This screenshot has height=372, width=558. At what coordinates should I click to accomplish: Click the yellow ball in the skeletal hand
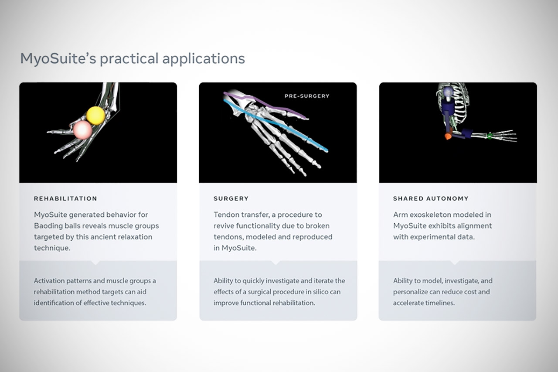point(95,115)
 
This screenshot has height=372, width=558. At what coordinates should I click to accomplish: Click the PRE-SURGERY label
point(306,96)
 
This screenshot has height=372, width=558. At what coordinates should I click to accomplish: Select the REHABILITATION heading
point(65,198)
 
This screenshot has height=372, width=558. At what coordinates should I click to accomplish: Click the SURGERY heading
point(231,198)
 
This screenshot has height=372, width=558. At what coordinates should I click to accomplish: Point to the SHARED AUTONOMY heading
point(430,198)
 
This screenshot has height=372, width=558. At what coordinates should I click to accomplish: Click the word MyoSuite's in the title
point(57,58)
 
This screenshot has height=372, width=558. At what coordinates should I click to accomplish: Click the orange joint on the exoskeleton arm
point(448,137)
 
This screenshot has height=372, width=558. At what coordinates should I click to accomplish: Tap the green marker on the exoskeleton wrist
point(490,136)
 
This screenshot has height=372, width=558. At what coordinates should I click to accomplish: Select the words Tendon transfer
point(238,215)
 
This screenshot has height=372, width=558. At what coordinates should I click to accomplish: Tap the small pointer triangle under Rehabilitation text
point(95,263)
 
